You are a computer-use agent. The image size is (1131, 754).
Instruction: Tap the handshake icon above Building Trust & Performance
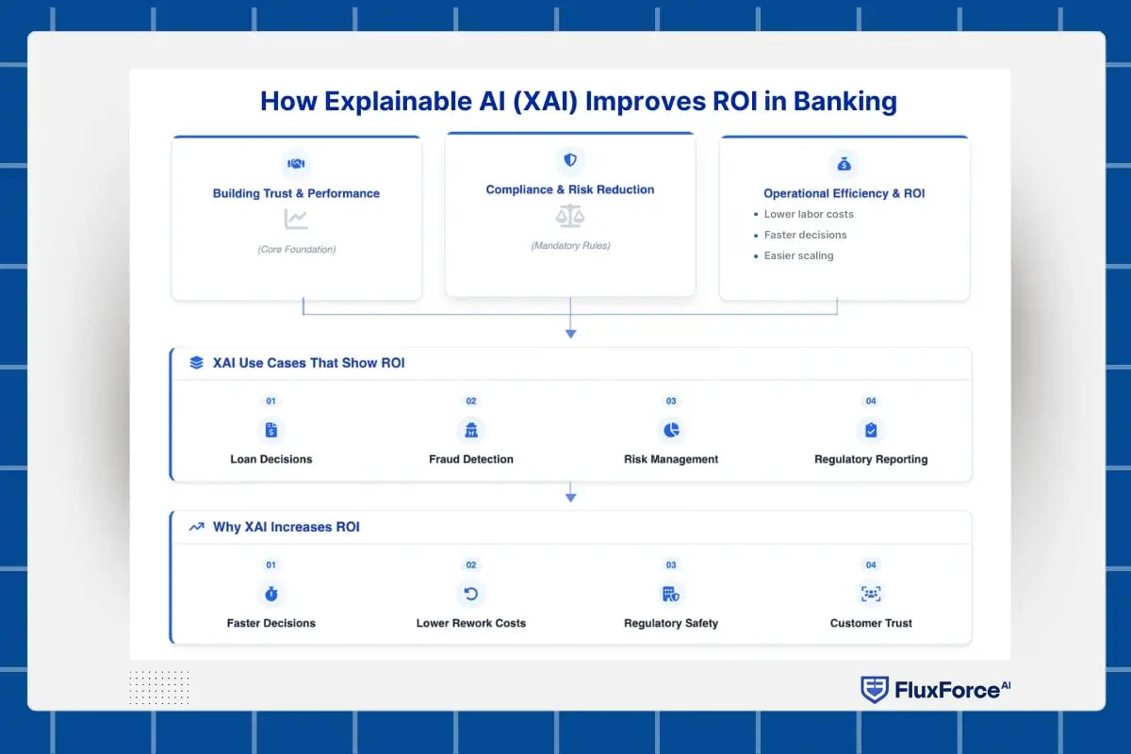click(296, 164)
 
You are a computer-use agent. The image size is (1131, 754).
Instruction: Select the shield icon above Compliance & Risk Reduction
click(570, 160)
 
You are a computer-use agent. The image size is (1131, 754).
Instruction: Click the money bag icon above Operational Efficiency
click(844, 164)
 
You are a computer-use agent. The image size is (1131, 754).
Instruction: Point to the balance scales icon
click(570, 217)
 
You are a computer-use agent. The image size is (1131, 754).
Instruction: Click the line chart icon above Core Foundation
click(296, 220)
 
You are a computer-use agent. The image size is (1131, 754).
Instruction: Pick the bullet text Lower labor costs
click(809, 214)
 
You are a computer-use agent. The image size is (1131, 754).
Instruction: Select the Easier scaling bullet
click(798, 255)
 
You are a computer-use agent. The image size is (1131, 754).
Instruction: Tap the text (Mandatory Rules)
click(570, 246)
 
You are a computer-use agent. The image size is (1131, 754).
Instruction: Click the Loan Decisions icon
click(271, 431)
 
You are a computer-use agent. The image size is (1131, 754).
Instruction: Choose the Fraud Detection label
click(471, 459)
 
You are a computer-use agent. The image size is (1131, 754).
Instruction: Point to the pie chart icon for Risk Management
click(671, 431)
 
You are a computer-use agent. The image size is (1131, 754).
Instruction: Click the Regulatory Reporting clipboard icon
click(871, 431)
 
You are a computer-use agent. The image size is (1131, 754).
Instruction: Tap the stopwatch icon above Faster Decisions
click(271, 594)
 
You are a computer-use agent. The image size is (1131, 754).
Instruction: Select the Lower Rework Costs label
click(471, 623)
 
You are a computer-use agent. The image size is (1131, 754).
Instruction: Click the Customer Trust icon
click(871, 594)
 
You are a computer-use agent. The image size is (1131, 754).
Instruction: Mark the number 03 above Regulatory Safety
click(671, 565)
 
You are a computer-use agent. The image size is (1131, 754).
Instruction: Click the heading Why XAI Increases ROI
click(287, 527)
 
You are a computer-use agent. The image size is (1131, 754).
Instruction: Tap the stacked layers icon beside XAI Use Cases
click(196, 363)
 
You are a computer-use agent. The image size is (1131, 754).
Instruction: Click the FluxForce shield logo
click(875, 690)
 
